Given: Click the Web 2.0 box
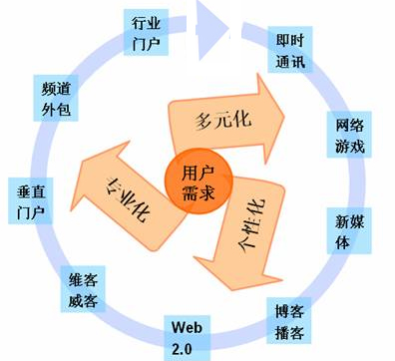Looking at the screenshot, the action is tap(188, 338).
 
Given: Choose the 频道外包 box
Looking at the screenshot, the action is tap(53, 99).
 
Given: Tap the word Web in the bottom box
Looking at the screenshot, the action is tap(188, 328).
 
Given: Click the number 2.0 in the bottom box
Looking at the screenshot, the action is tap(188, 348).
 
